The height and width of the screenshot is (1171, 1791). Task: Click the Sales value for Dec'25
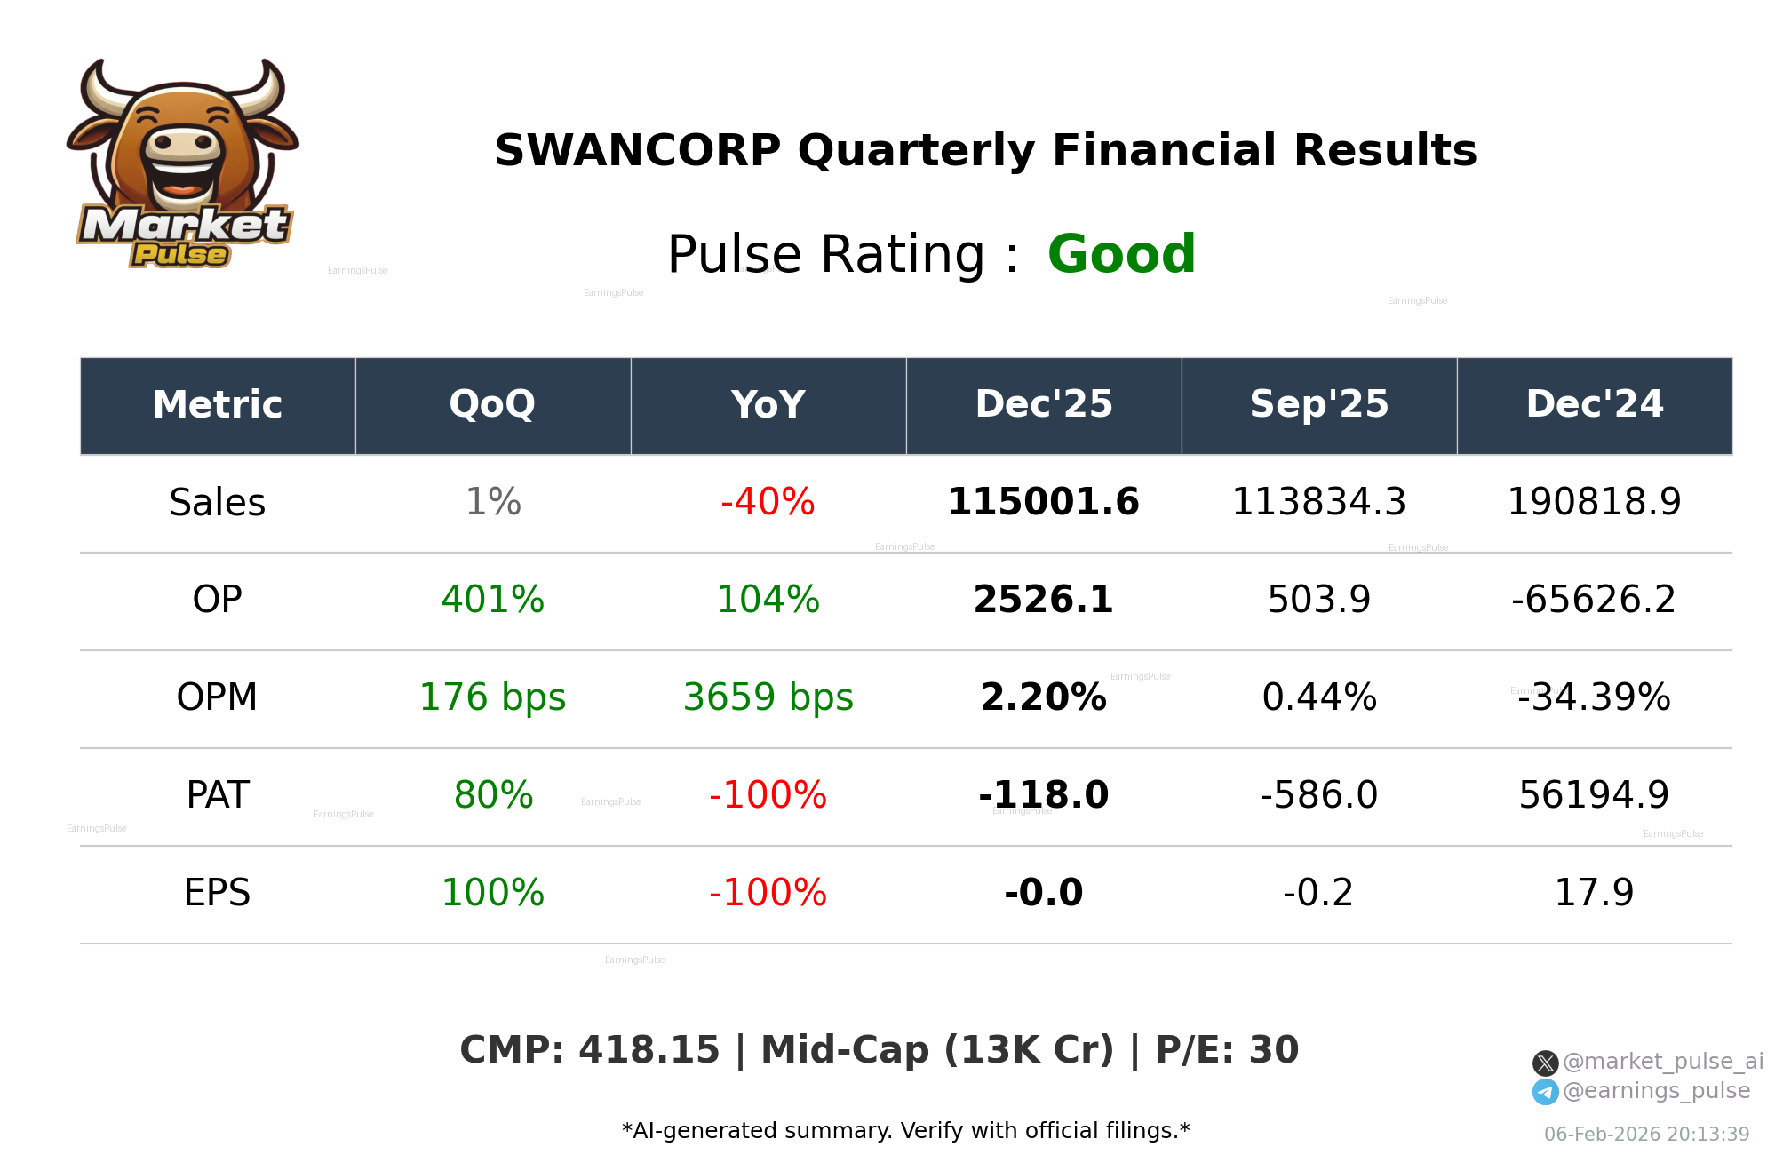pos(1043,502)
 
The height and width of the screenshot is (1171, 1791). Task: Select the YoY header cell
pos(768,405)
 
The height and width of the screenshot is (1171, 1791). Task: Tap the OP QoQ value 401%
pos(492,600)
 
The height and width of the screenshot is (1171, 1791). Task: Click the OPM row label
pos(217,697)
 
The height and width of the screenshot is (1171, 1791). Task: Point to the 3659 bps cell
pos(768,697)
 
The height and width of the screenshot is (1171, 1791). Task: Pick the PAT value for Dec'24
pos(1594,795)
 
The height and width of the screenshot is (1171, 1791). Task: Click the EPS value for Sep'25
pos(1318,893)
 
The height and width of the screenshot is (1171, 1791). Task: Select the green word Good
pos(1121,254)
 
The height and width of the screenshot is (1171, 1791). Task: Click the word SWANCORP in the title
pos(637,150)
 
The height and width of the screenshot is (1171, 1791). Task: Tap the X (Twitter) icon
pos(1545,1063)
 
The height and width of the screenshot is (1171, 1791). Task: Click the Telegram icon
pos(1545,1092)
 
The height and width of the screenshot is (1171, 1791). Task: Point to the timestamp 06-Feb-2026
pos(1646,1135)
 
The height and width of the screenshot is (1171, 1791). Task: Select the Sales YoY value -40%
pos(768,502)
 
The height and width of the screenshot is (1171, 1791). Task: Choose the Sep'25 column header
pos(1318,405)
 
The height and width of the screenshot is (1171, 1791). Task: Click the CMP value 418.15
pos(649,1050)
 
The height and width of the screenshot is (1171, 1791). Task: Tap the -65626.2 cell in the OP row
pos(1594,600)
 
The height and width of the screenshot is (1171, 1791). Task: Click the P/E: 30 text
pos(1227,1050)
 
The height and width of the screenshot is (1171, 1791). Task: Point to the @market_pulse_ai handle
pos(1662,1062)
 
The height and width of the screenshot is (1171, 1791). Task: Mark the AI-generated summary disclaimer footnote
pos(905,1131)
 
